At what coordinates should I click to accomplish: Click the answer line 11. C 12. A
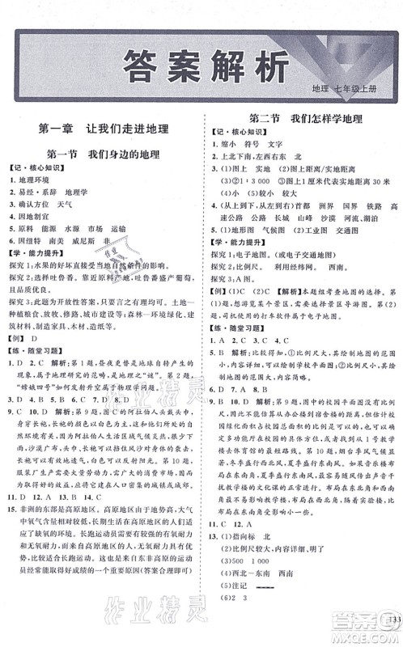coord(235,545)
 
